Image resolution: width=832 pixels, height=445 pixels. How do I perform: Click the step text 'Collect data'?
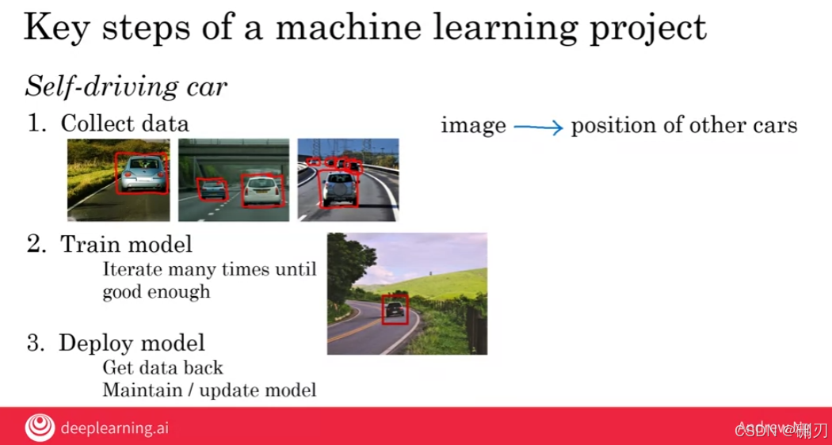(x=124, y=124)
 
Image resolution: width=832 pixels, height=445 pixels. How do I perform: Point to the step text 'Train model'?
(x=126, y=244)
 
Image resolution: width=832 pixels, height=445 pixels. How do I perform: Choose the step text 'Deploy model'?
(x=132, y=343)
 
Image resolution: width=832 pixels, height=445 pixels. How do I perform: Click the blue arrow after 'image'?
(x=537, y=126)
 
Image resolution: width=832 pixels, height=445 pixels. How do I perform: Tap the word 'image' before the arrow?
(x=473, y=125)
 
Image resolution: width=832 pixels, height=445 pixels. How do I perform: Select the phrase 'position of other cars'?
(x=684, y=125)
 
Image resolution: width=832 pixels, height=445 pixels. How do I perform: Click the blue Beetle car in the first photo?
(x=143, y=173)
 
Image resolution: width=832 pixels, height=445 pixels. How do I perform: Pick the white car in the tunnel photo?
(x=261, y=190)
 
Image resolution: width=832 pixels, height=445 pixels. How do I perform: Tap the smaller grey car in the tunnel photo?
(x=212, y=190)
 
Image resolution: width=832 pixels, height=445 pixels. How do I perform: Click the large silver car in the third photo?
(x=338, y=188)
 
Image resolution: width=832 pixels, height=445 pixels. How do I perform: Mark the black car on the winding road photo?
(x=395, y=310)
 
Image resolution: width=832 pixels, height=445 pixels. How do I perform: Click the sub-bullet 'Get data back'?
(x=162, y=368)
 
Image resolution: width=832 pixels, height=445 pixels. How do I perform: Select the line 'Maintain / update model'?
(x=209, y=390)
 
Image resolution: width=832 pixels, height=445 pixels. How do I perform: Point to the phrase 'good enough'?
(x=156, y=291)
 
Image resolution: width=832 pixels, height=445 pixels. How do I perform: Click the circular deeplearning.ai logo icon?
(x=40, y=428)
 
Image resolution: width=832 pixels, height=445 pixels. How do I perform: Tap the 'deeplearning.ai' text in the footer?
(x=114, y=428)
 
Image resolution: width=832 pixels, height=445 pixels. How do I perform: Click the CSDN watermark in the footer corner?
(x=780, y=430)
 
